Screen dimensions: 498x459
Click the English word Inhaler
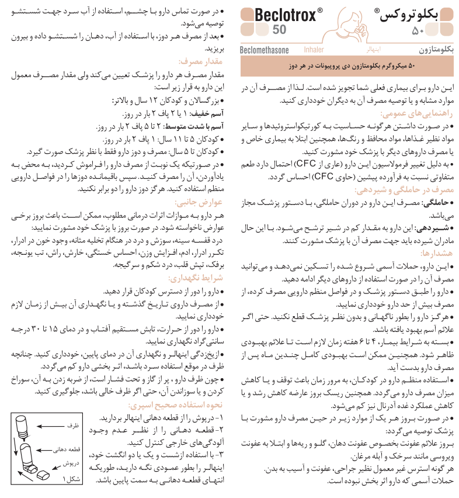(x=314, y=51)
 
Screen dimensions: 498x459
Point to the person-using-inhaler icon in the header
(x=357, y=28)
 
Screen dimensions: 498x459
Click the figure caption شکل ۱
(x=71, y=479)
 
